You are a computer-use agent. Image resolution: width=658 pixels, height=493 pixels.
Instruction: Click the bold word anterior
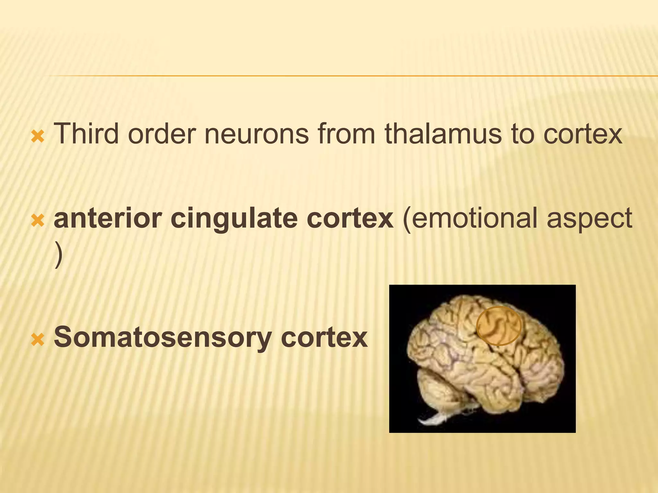pyautogui.click(x=108, y=218)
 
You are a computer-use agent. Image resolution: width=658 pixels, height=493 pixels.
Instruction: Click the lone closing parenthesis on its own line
pyautogui.click(x=58, y=255)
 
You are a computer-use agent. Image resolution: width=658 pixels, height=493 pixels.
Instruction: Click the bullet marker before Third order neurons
pyautogui.click(x=38, y=137)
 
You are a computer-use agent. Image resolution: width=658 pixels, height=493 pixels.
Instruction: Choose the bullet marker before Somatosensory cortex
pyautogui.click(x=38, y=340)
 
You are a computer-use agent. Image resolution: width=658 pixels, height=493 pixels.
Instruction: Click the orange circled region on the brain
pyautogui.click(x=498, y=326)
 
